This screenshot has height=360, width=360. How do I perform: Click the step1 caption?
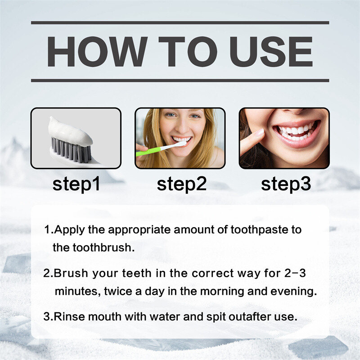click(76, 184)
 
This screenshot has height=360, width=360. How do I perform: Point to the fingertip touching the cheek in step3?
click(259, 133)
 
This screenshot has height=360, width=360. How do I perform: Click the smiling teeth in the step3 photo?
click(295, 131)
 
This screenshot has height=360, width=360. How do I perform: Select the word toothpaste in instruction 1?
click(259, 230)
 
